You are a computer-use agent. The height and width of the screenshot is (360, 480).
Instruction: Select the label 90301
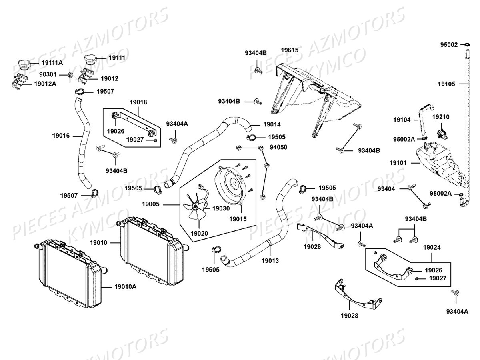(x=48, y=74)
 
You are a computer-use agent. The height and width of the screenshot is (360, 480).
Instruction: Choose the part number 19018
(x=138, y=102)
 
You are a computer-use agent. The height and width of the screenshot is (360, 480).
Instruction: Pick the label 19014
(x=272, y=124)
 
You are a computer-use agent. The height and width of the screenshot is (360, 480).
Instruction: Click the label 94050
(x=278, y=147)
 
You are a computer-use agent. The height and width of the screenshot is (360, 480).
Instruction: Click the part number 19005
(x=150, y=204)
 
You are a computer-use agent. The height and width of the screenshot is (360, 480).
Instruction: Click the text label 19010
(x=98, y=242)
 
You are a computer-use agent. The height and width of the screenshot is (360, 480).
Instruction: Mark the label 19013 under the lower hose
(x=270, y=260)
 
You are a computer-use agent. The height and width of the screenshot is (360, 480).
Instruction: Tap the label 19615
(x=289, y=50)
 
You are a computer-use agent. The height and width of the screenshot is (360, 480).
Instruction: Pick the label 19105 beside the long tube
(x=446, y=84)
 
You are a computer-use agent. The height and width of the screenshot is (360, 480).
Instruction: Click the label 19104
(x=402, y=120)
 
